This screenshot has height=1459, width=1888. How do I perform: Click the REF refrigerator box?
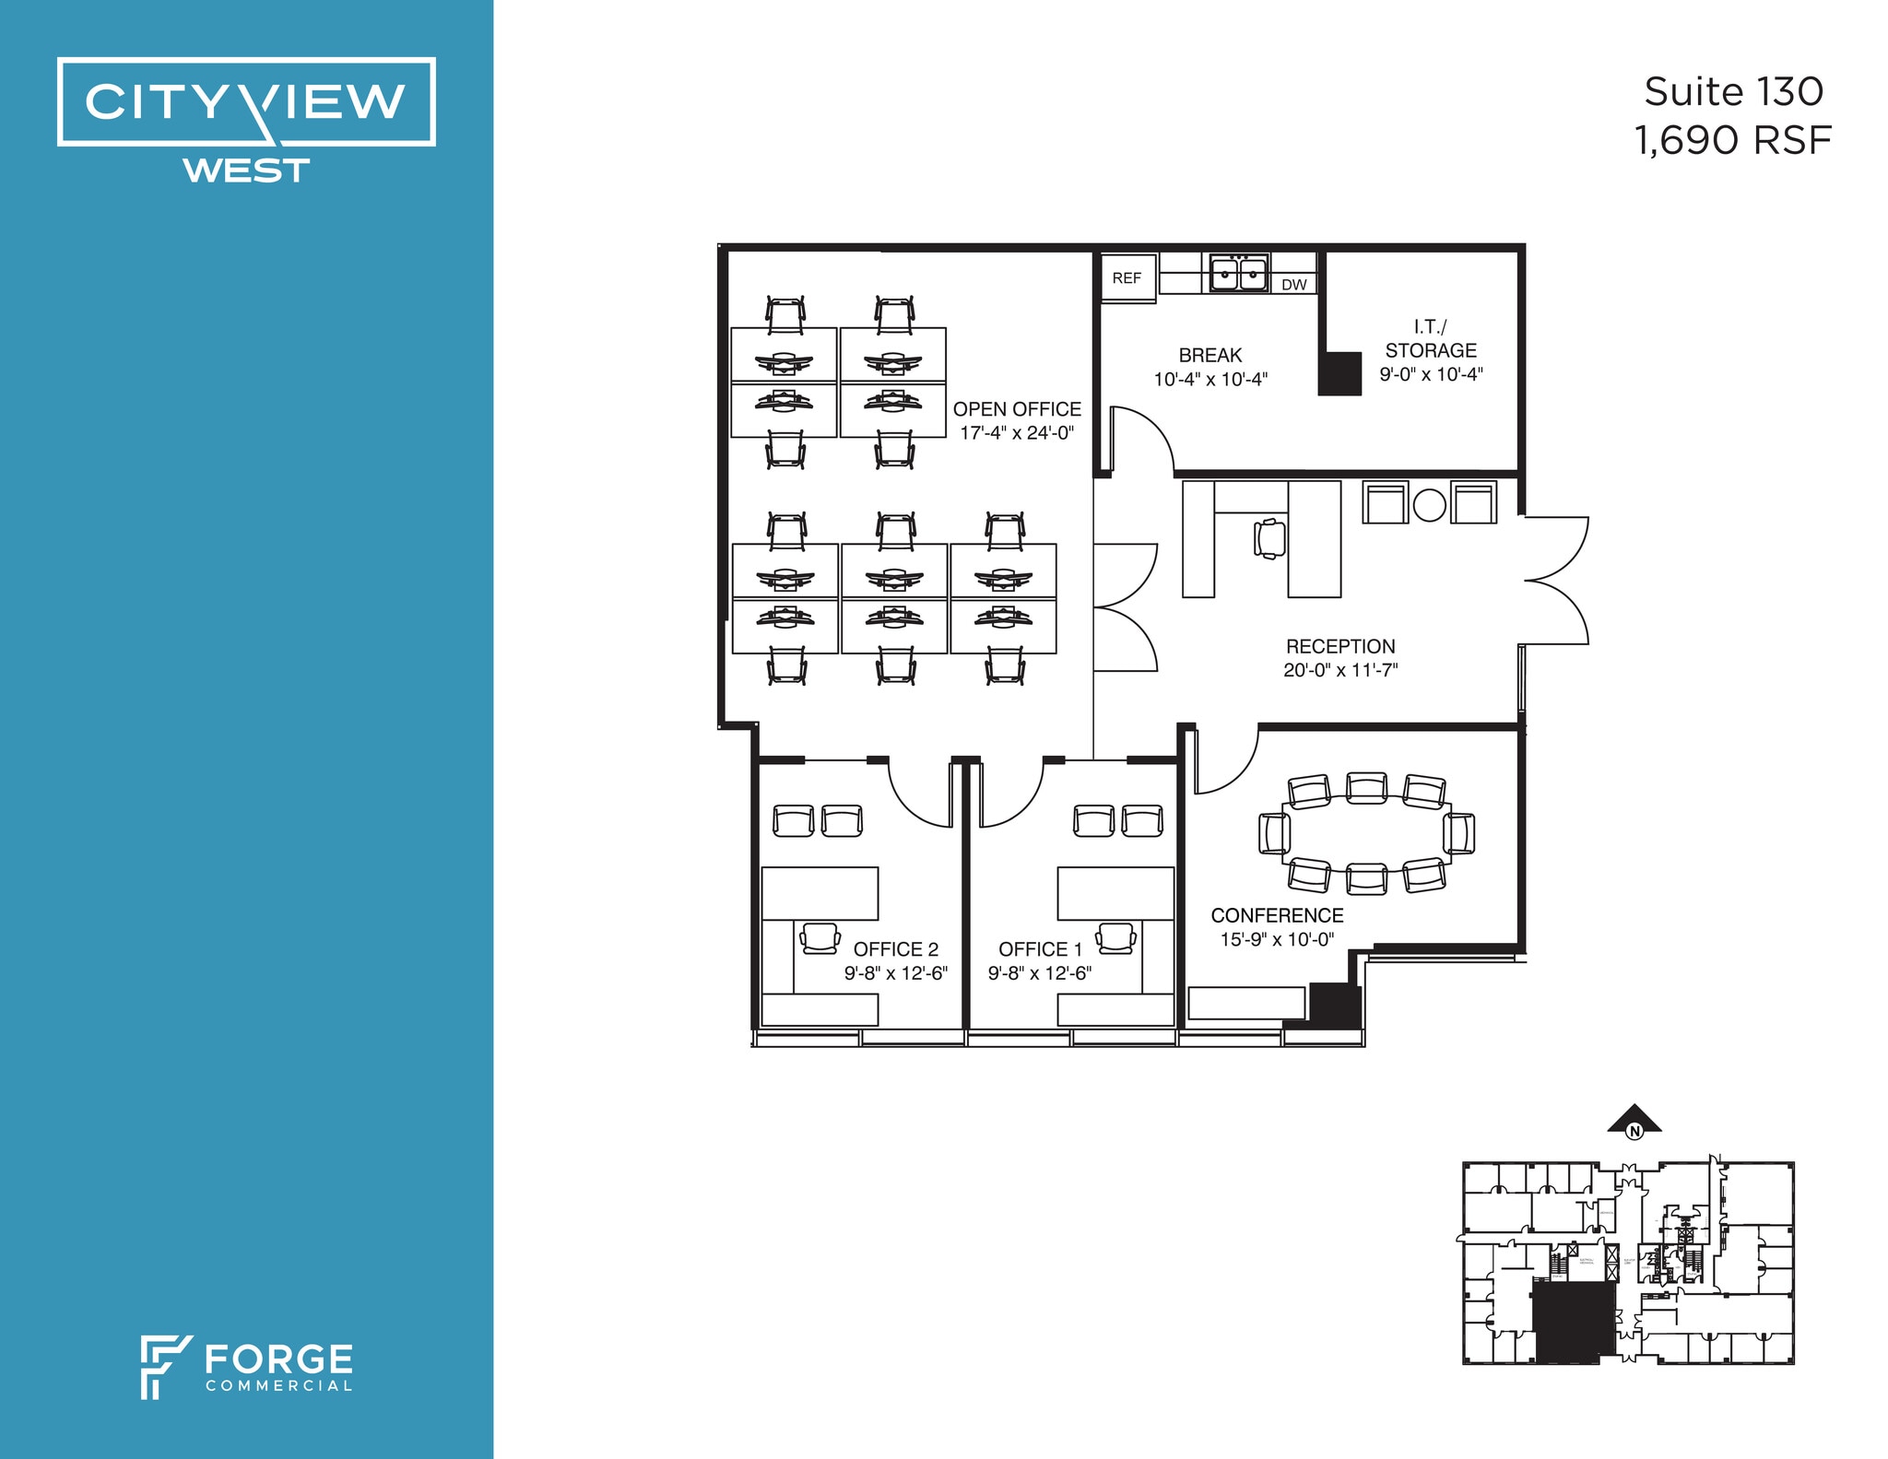(x=1127, y=277)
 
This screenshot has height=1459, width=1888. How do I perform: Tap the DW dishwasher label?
(x=1293, y=285)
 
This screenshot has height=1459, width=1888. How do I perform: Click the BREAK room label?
(x=1210, y=356)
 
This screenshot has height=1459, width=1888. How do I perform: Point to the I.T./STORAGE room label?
(x=1431, y=338)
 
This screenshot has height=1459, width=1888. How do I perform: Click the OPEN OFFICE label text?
(x=1017, y=409)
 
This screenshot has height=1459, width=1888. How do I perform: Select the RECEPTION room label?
(x=1340, y=647)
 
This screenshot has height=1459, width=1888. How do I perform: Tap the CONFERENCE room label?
(x=1277, y=915)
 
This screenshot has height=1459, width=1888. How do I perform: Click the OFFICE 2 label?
(x=895, y=949)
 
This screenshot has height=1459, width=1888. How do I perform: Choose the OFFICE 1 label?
(x=1040, y=949)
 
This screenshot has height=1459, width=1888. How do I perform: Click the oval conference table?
(x=1366, y=834)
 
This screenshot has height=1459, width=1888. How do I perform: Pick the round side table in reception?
(x=1429, y=505)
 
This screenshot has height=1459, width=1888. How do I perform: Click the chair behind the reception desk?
(x=1269, y=538)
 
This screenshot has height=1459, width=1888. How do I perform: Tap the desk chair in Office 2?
(x=820, y=937)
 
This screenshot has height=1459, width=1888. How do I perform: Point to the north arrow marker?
(x=1634, y=1120)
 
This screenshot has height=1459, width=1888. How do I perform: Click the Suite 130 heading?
(x=1733, y=92)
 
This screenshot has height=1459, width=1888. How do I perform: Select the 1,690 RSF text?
(x=1732, y=141)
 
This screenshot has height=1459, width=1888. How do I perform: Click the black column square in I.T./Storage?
(x=1339, y=373)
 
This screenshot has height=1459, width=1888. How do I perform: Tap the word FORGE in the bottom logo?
(x=278, y=1359)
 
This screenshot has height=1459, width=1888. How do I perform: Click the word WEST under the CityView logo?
(x=246, y=171)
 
